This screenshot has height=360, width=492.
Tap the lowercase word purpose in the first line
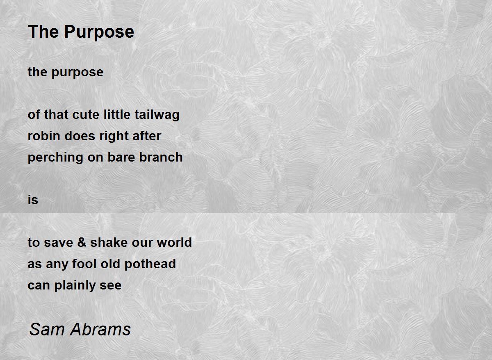point(77,73)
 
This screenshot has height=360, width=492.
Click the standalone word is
point(33,200)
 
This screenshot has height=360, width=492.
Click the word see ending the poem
point(110,285)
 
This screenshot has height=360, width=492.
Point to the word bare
point(122,157)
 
